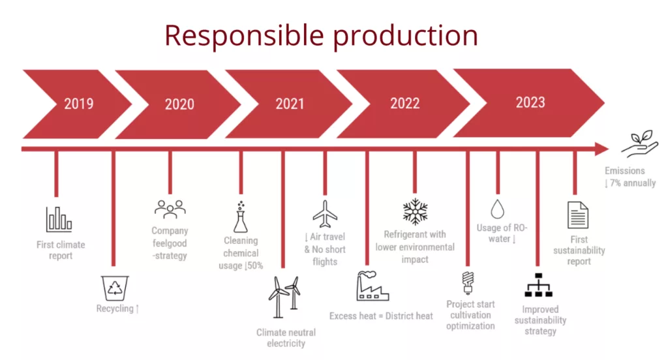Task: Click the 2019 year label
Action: (79, 104)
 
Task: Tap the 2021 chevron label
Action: (290, 104)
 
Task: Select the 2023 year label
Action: (530, 102)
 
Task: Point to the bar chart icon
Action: (59, 219)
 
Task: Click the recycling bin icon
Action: (115, 288)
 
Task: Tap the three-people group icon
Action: (170, 209)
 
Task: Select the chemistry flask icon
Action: (241, 217)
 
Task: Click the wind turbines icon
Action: (284, 297)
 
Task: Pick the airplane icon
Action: (325, 215)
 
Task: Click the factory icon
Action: (372, 286)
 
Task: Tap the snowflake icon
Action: (415, 211)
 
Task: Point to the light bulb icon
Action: (468, 283)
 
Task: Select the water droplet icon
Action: (498, 209)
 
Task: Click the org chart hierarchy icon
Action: (538, 285)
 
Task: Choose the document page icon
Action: (578, 215)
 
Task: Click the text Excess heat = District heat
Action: (381, 316)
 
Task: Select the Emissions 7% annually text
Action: (630, 177)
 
